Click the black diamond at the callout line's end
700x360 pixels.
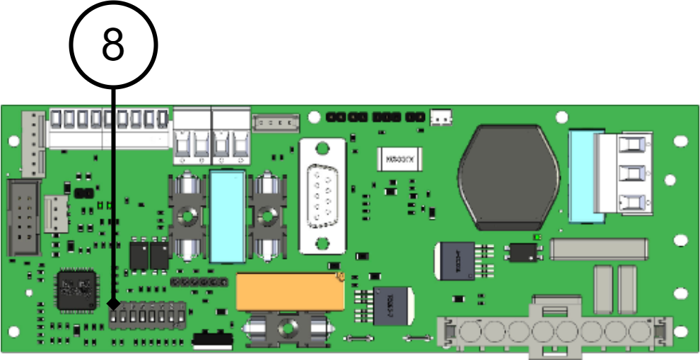(112, 303)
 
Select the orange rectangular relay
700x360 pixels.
(291, 291)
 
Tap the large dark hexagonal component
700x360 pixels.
(508, 177)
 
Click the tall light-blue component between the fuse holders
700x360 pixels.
(228, 216)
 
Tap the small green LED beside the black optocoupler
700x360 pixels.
(538, 237)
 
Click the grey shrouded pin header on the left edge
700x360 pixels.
(23, 217)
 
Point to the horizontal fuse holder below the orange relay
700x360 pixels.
(288, 330)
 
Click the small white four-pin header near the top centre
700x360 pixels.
(276, 123)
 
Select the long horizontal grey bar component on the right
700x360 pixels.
(598, 248)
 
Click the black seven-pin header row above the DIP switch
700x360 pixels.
(199, 281)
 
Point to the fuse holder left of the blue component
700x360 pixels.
(188, 216)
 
